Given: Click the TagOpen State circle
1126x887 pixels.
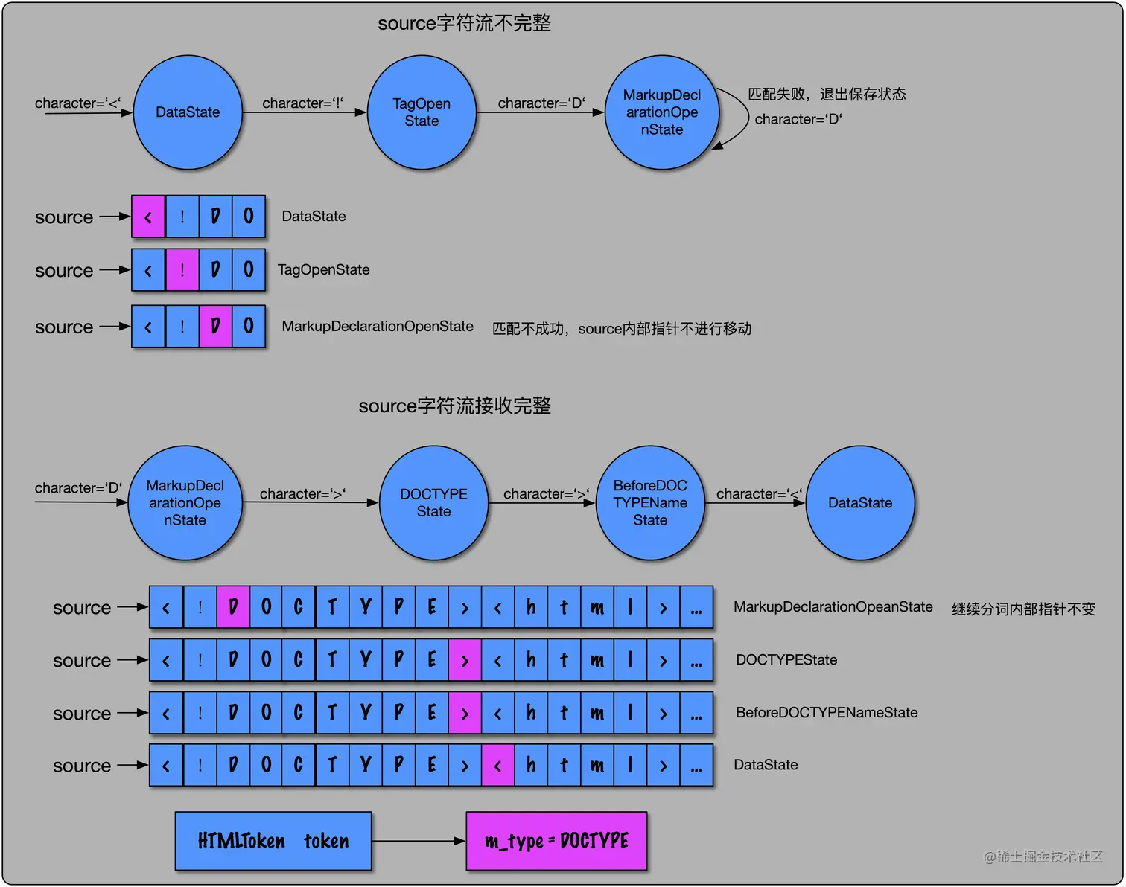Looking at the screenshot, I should coord(422,112).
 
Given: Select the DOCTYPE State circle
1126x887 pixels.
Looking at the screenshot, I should coord(433,503).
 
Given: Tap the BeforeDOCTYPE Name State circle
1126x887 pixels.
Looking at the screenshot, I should coord(650,503).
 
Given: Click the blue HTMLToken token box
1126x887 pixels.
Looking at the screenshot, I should coord(273,841).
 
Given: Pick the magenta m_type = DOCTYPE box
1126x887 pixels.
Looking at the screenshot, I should coord(556,841).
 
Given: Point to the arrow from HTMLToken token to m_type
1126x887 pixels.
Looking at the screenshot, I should coord(419,841).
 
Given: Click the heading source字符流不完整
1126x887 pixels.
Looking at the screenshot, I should coord(464,24).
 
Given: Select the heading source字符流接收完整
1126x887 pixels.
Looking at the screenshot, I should coord(454,406).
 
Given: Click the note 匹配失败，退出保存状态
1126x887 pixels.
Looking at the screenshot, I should coord(827,95).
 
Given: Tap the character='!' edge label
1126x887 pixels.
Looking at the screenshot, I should coord(302,103).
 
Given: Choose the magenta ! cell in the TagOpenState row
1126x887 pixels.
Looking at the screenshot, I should coord(182,270).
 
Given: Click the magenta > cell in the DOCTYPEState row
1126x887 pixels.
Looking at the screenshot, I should coord(465,660).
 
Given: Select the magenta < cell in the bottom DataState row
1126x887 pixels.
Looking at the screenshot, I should coord(497,765).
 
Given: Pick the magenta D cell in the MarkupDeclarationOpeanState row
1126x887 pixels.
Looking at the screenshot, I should coord(233,607).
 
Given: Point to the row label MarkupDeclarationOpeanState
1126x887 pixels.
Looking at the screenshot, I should coord(833,607).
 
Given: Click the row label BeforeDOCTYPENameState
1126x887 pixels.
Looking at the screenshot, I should coord(827,713).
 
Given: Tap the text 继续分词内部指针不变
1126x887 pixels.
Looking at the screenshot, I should coord(1023,609).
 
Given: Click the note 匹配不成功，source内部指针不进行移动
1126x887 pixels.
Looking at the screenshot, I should coord(622,329).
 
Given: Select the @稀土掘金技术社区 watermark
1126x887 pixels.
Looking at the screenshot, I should coord(1043,856).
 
